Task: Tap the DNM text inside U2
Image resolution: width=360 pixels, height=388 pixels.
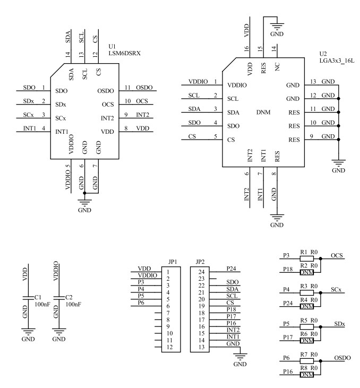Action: pyautogui.click(x=263, y=113)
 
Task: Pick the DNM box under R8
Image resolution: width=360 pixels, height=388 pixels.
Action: pyautogui.click(x=306, y=375)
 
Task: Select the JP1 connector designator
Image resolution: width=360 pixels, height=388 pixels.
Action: pyautogui.click(x=172, y=262)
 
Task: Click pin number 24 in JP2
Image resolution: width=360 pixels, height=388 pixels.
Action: pyautogui.click(x=201, y=272)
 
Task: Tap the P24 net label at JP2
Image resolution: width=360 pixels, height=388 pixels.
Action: pyautogui.click(x=232, y=269)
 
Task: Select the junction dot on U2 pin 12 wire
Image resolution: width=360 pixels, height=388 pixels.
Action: pyautogui.click(x=339, y=99)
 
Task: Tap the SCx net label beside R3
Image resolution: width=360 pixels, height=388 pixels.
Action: pyautogui.click(x=336, y=291)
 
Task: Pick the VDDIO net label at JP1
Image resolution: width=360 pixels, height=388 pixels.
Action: pyautogui.click(x=147, y=276)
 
